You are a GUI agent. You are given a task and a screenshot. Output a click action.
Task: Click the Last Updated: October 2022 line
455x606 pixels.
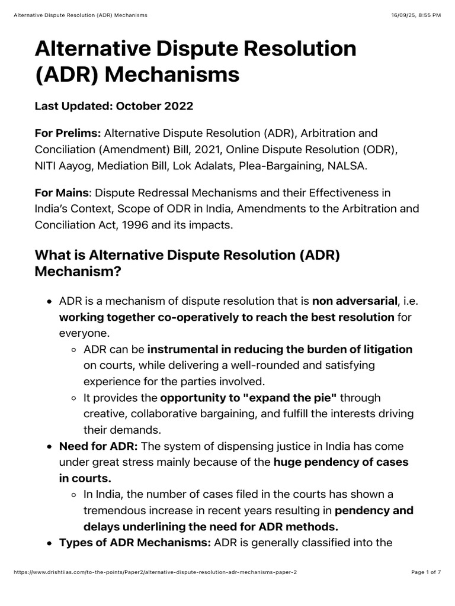click(114, 107)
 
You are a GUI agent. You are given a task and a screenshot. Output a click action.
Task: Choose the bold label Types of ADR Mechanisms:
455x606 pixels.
click(134, 543)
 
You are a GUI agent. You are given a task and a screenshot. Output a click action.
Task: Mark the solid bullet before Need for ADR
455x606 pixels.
click(50, 446)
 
